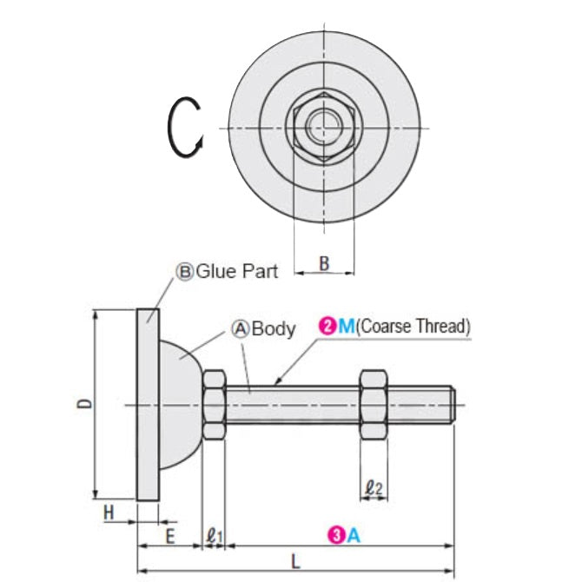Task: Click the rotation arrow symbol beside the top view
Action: pos(184,128)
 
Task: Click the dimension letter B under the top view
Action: pos(324,264)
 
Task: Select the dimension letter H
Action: pos(109,513)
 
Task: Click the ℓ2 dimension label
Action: pos(374,488)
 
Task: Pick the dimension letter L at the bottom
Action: pos(295,561)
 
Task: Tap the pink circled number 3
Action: pos(334,536)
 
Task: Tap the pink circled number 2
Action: pos(327,327)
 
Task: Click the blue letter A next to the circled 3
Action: pos(353,536)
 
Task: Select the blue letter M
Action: pos(347,327)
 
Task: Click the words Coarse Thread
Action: pos(413,327)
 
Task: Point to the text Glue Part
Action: pos(237,271)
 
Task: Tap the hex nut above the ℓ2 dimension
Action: pos(374,405)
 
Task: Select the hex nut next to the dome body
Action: pos(215,405)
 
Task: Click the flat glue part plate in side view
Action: pos(148,405)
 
